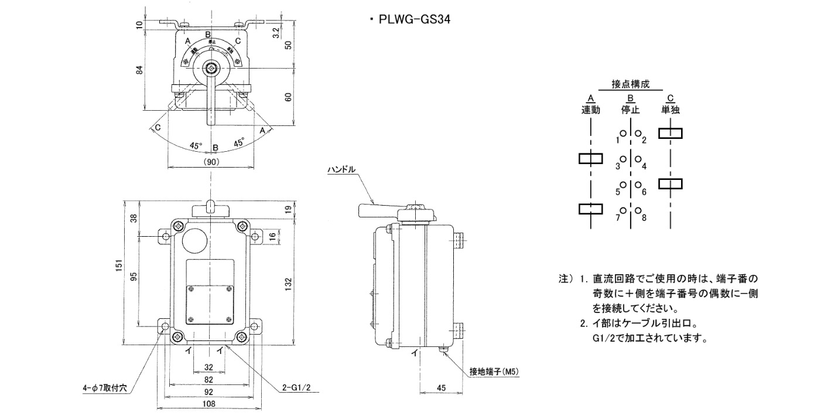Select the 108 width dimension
click(x=209, y=404)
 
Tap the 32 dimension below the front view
click(x=209, y=367)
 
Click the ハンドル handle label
click(x=341, y=170)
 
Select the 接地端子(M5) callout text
click(x=495, y=372)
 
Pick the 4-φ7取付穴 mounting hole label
click(x=108, y=388)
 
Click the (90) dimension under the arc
click(x=211, y=162)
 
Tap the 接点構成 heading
click(x=630, y=84)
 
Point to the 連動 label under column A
click(x=591, y=110)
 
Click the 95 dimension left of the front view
click(x=134, y=277)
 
